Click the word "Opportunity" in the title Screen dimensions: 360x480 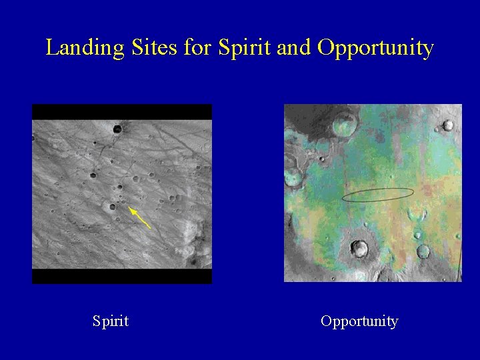(x=376, y=48)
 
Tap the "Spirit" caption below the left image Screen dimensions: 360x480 (x=111, y=321)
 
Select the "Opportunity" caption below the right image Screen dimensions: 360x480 (x=359, y=321)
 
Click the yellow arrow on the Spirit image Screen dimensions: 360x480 (x=140, y=218)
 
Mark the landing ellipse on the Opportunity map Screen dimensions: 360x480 (x=377, y=195)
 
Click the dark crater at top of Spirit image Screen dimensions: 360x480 (x=118, y=129)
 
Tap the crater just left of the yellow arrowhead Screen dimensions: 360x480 (x=112, y=207)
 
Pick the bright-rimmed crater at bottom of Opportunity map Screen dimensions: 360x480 (x=359, y=249)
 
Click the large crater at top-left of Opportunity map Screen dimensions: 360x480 (x=345, y=123)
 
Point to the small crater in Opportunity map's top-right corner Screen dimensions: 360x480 (x=448, y=125)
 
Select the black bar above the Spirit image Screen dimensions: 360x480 (x=122, y=112)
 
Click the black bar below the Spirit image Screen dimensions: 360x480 (x=122, y=276)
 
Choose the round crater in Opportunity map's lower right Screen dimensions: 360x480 (x=423, y=251)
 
